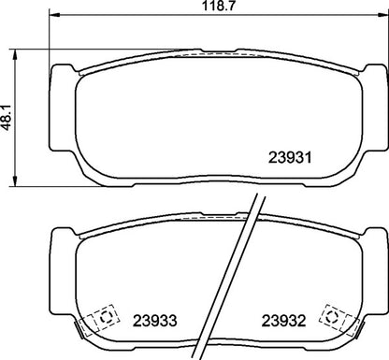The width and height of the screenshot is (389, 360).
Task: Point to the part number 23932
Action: coord(284,317)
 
